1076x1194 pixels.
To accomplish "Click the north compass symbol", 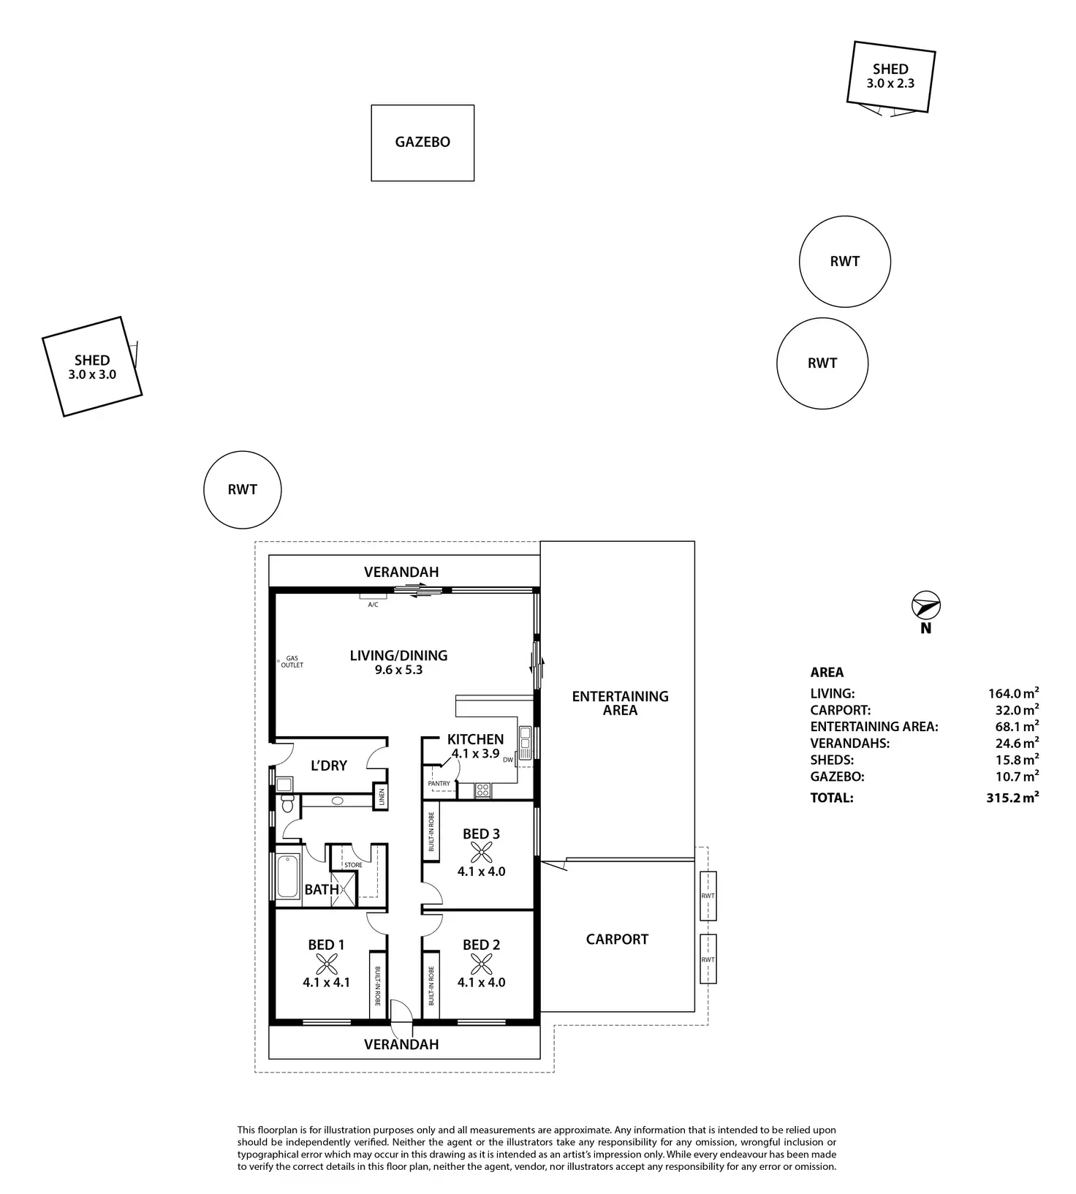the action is pyautogui.click(x=925, y=606).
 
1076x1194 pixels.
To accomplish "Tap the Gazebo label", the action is pyautogui.click(x=423, y=142).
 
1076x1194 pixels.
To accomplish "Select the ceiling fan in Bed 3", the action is pyautogui.click(x=481, y=852).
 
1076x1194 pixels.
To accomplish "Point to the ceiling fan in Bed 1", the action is pyautogui.click(x=326, y=963).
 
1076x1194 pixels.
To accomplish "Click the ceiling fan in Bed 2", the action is pyautogui.click(x=481, y=963).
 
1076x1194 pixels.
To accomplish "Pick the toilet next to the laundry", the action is pyautogui.click(x=287, y=804).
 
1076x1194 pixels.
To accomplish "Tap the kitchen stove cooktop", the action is pyautogui.click(x=482, y=789).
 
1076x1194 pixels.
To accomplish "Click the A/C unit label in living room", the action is pyautogui.click(x=373, y=605).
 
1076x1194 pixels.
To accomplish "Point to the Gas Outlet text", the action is pyautogui.click(x=294, y=662).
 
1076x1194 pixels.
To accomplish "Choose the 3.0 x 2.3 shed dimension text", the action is pyautogui.click(x=890, y=83).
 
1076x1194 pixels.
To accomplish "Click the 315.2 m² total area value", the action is pyautogui.click(x=1012, y=798).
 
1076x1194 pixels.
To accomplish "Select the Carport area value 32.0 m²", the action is pyautogui.click(x=1012, y=710).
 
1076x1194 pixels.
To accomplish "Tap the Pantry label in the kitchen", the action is pyautogui.click(x=439, y=783).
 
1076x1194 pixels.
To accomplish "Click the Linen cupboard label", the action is pyautogui.click(x=380, y=797).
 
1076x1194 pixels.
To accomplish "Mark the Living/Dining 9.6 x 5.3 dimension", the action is pyautogui.click(x=398, y=669).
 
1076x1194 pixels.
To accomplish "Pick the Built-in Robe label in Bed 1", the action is pyautogui.click(x=378, y=986).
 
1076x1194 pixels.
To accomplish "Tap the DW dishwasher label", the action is pyautogui.click(x=507, y=760).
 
